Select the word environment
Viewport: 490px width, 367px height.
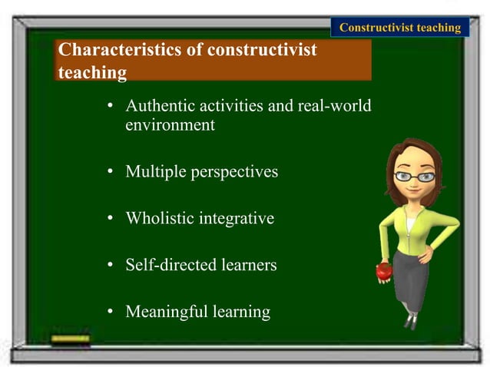point(170,125)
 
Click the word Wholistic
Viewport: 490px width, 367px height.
point(160,219)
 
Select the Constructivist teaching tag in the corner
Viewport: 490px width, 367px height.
point(399,28)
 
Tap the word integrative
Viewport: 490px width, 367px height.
point(237,219)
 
